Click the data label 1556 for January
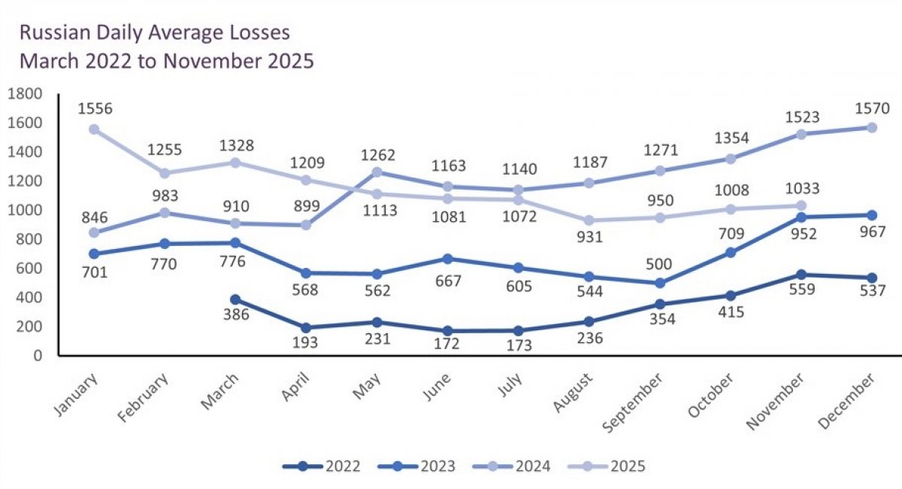(x=95, y=109)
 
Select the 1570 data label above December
(x=872, y=108)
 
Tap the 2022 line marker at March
(x=235, y=299)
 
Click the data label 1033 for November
(x=801, y=189)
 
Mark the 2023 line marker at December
(x=872, y=215)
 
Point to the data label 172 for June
(x=448, y=345)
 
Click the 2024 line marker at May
(x=377, y=172)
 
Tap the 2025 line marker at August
(x=589, y=220)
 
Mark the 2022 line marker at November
(x=801, y=275)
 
